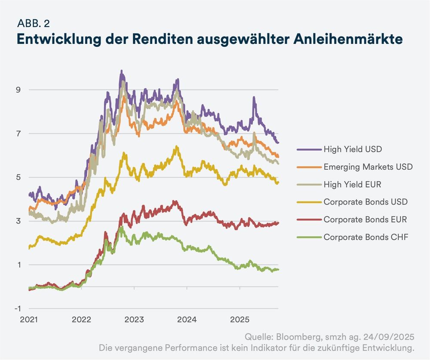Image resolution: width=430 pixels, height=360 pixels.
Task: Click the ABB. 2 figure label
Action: point(36,23)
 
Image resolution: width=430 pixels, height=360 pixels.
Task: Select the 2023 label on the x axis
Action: point(134,320)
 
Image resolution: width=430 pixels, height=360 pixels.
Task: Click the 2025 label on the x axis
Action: point(240,320)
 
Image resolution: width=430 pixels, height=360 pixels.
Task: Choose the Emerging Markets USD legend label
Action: point(368,167)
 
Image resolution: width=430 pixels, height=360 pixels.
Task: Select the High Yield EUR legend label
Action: point(352,184)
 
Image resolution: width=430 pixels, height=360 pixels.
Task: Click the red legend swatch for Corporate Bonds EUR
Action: point(309,220)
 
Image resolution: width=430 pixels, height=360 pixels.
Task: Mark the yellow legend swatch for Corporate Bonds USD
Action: point(309,202)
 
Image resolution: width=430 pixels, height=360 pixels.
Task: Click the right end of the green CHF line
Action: point(278,269)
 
